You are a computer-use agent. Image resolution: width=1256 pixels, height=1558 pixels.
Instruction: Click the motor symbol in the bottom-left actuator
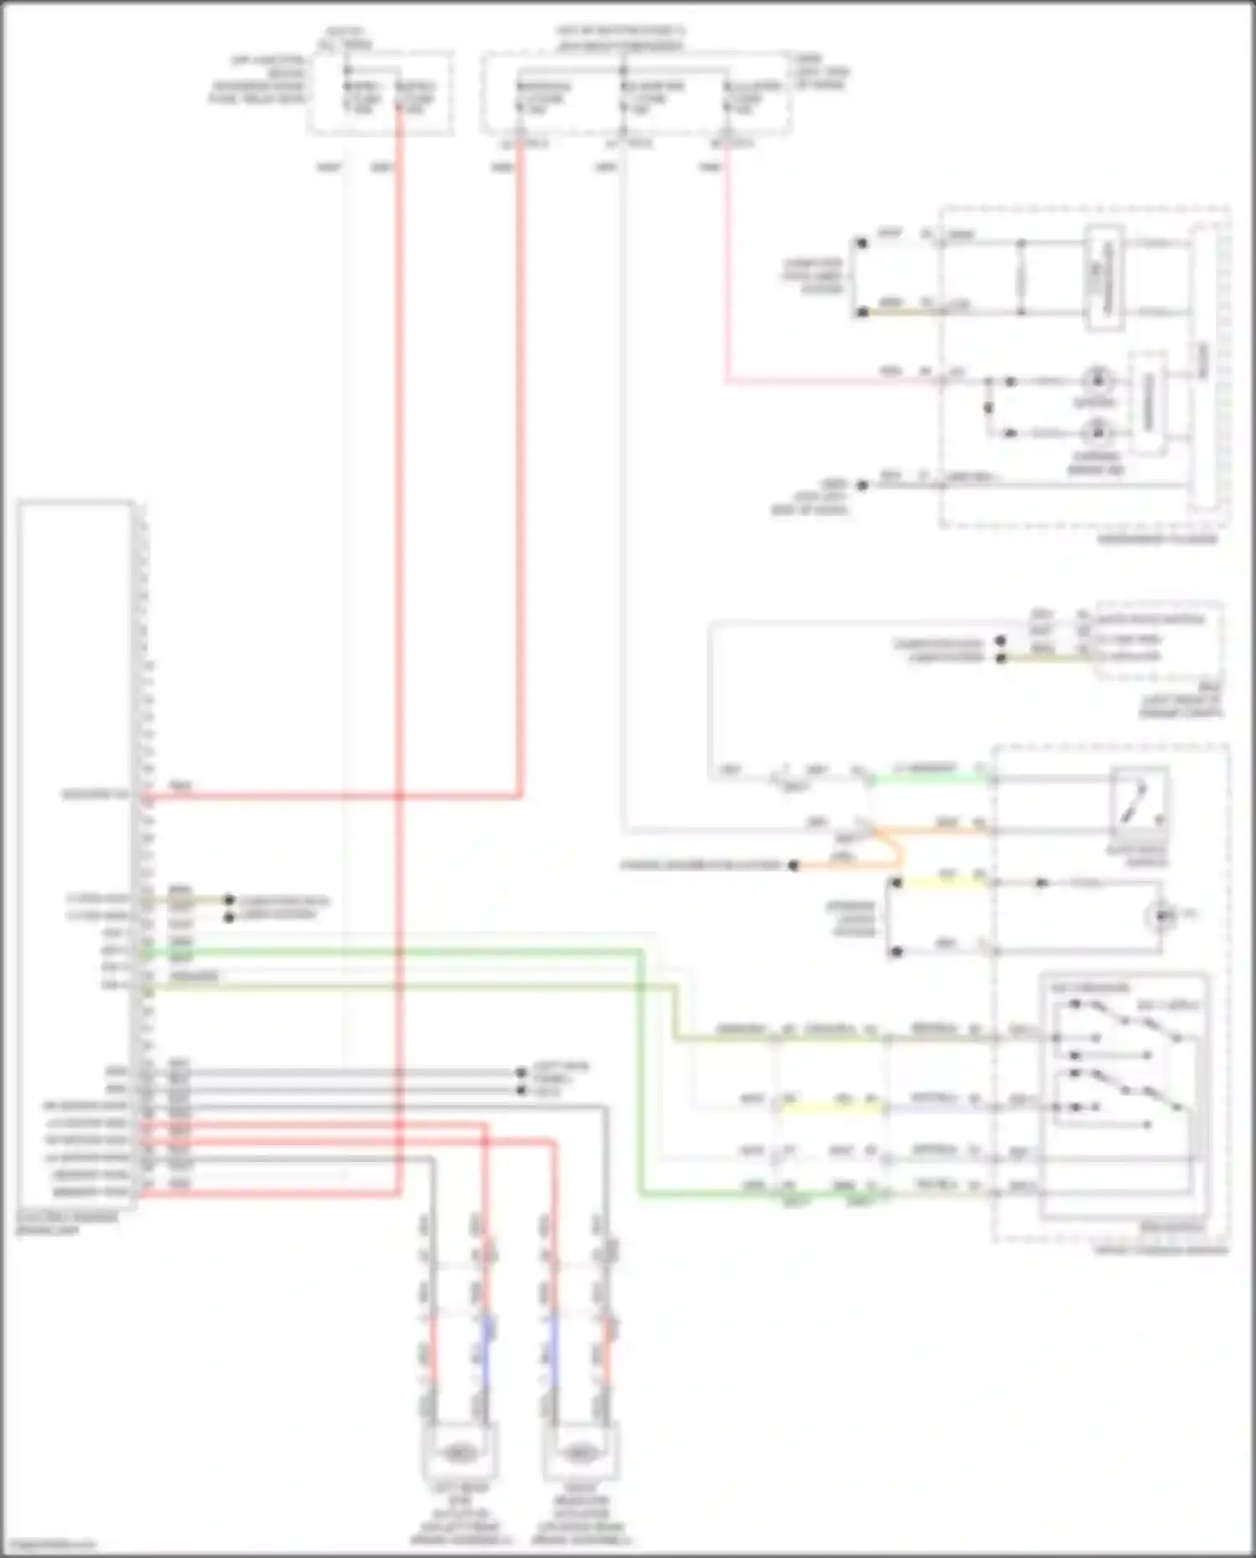(457, 1450)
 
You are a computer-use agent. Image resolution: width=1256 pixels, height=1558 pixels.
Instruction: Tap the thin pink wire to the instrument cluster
(727, 276)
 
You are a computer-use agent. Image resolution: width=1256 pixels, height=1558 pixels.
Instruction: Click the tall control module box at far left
(75, 854)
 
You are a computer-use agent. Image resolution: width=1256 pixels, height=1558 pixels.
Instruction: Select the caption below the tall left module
(67, 1224)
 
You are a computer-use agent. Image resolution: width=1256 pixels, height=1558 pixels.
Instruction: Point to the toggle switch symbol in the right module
(1137, 804)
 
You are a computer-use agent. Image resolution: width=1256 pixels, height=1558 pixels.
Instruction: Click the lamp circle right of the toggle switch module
(1161, 916)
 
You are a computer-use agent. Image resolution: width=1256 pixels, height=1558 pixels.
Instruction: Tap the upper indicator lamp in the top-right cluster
(1095, 380)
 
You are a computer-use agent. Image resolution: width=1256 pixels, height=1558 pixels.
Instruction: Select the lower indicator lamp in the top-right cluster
(1095, 432)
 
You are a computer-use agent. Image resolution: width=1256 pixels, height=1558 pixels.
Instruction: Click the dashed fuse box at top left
(381, 92)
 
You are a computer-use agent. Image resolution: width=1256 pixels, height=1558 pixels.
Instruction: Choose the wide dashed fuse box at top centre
(636, 92)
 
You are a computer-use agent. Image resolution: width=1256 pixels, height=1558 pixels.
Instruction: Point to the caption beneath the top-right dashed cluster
(1159, 540)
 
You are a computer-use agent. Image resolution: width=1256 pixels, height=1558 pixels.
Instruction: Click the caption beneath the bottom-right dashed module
(1161, 1250)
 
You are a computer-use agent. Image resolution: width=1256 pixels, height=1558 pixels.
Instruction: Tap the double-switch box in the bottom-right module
(1124, 1097)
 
